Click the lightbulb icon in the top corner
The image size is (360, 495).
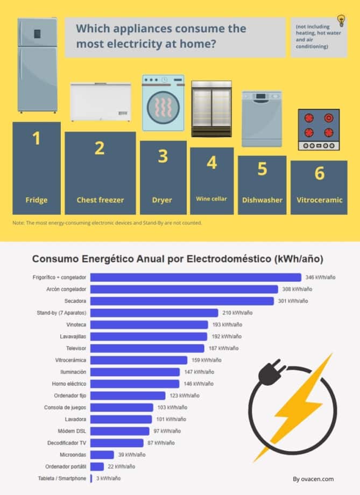point(341,21)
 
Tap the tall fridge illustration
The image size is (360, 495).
point(37,65)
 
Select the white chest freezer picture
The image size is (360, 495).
point(101,101)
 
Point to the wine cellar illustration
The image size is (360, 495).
point(211,109)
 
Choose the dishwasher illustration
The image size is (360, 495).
point(262,119)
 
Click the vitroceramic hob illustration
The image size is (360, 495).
point(319,130)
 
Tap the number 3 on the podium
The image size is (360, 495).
point(163,157)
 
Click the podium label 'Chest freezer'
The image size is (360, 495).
point(100,200)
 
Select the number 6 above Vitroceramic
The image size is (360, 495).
point(319,173)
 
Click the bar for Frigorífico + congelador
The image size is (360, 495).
point(195,278)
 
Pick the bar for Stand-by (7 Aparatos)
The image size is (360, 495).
point(154,313)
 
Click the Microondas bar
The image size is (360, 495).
point(102,455)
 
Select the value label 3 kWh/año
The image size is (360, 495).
point(108,478)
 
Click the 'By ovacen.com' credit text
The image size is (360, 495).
point(313,479)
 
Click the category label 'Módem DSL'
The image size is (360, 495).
point(72,431)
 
